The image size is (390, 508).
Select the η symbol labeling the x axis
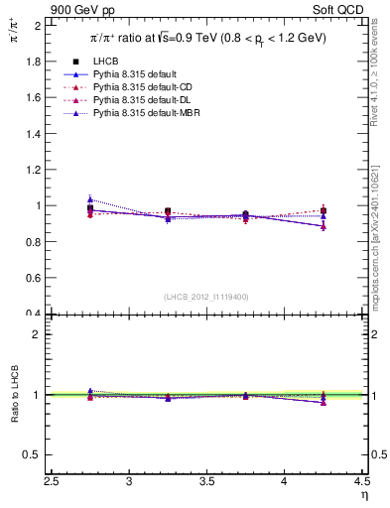(x=364, y=495)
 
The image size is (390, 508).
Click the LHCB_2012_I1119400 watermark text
(x=206, y=297)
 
